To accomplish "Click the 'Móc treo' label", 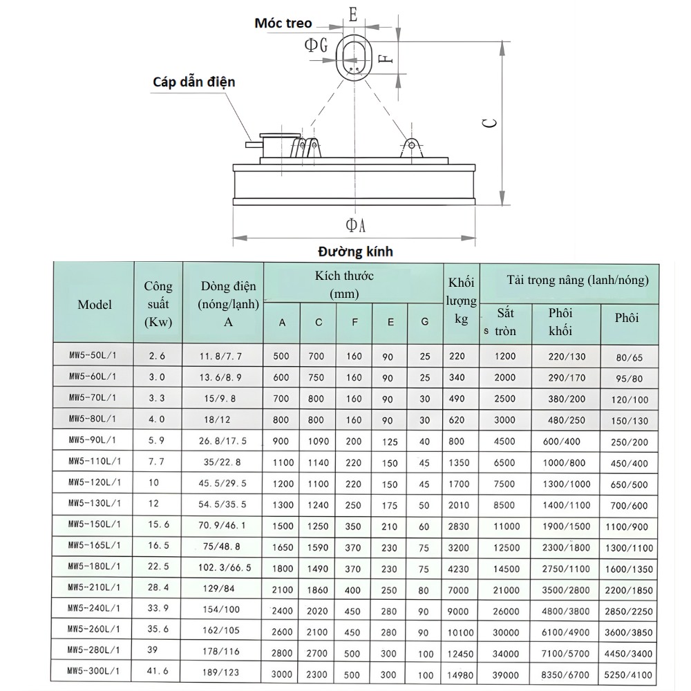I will tap(283, 23).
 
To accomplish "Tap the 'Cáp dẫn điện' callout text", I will tap(194, 82).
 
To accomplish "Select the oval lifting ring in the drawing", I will tap(354, 57).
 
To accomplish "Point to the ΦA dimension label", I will tap(355, 225).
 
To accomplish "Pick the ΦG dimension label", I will tap(316, 45).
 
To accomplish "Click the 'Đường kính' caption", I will tap(355, 251).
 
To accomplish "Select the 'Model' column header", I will tap(95, 304).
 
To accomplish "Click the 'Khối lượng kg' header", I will tap(462, 301).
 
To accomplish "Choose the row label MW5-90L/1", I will tap(92, 439).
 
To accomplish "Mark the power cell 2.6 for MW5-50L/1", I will tap(157, 357).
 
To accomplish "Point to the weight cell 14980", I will tap(461, 674).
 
